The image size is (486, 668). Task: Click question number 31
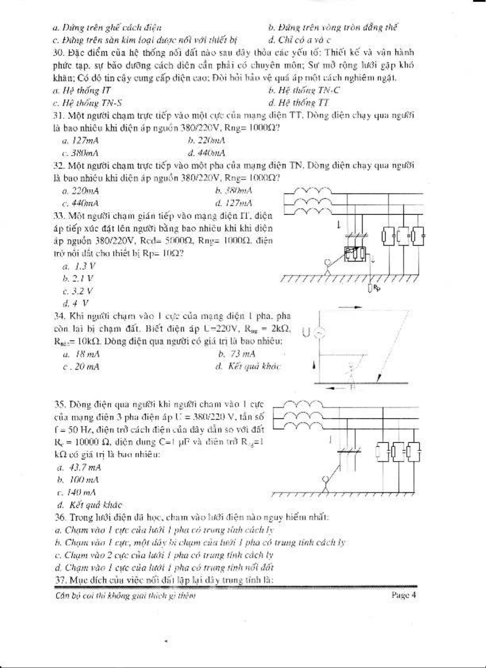(59, 116)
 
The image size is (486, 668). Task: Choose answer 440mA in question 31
(206, 153)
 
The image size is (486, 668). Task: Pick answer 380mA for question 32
(234, 191)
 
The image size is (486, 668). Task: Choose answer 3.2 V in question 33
(78, 291)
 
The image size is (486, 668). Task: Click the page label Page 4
(403, 595)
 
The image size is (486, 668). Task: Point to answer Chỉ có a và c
(299, 40)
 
